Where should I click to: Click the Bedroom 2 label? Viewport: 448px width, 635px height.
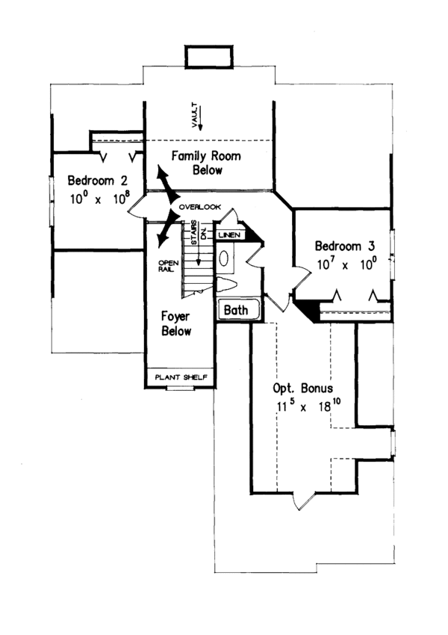[99, 181]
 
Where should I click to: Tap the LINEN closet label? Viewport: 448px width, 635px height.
[229, 235]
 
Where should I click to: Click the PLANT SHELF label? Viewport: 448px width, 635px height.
[181, 377]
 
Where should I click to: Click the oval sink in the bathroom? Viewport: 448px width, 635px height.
[225, 258]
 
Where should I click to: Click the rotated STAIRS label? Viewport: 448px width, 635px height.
[193, 232]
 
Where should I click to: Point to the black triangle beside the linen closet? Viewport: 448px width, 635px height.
[252, 235]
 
